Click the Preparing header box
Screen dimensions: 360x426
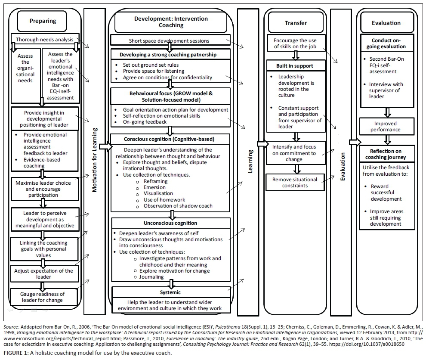click(43, 21)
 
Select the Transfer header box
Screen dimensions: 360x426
click(296, 23)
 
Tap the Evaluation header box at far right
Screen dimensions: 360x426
click(386, 23)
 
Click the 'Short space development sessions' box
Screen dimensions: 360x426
click(169, 41)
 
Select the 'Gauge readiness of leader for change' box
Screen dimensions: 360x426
click(43, 297)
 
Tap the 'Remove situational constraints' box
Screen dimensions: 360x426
click(295, 183)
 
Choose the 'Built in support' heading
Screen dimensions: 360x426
click(295, 66)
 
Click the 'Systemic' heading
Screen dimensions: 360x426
click(170, 292)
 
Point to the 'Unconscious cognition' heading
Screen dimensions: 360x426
click(170, 223)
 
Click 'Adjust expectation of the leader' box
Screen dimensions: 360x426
click(43, 274)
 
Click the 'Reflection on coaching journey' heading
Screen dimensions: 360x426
click(386, 154)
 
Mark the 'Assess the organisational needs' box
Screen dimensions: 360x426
click(25, 68)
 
